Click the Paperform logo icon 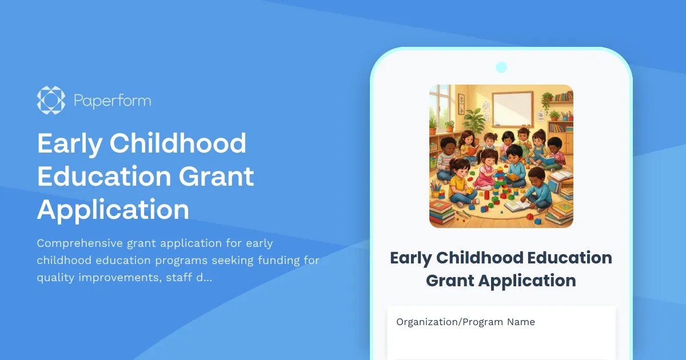[x=51, y=100]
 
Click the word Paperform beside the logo [x=112, y=101]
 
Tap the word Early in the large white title [x=69, y=143]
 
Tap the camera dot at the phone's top [x=501, y=67]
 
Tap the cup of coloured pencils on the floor [x=437, y=188]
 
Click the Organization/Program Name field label [x=465, y=322]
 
